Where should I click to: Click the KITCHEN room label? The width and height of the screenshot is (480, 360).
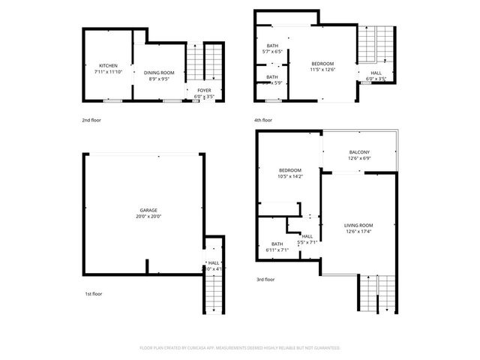tap(107, 65)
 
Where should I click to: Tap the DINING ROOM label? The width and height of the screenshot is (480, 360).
tap(159, 73)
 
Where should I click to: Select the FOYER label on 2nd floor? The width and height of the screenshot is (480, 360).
tap(205, 90)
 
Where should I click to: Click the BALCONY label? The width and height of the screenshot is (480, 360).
tap(358, 152)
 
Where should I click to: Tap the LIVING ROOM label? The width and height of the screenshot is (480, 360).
tap(358, 225)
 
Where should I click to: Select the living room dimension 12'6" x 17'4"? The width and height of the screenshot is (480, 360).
tap(358, 231)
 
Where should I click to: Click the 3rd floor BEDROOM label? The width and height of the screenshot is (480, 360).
tap(289, 170)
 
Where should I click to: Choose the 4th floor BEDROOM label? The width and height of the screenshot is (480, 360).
tap(322, 64)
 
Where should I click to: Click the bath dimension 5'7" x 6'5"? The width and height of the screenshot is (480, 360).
tap(272, 52)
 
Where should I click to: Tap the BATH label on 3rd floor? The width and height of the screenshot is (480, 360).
tap(277, 244)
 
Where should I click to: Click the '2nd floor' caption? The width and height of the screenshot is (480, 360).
tap(92, 120)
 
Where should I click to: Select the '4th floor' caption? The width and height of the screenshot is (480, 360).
tap(262, 120)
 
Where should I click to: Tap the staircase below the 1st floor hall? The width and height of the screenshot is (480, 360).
tap(214, 292)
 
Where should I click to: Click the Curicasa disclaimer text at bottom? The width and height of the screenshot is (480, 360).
tap(240, 348)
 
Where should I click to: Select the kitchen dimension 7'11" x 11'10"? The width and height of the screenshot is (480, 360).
tap(107, 71)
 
